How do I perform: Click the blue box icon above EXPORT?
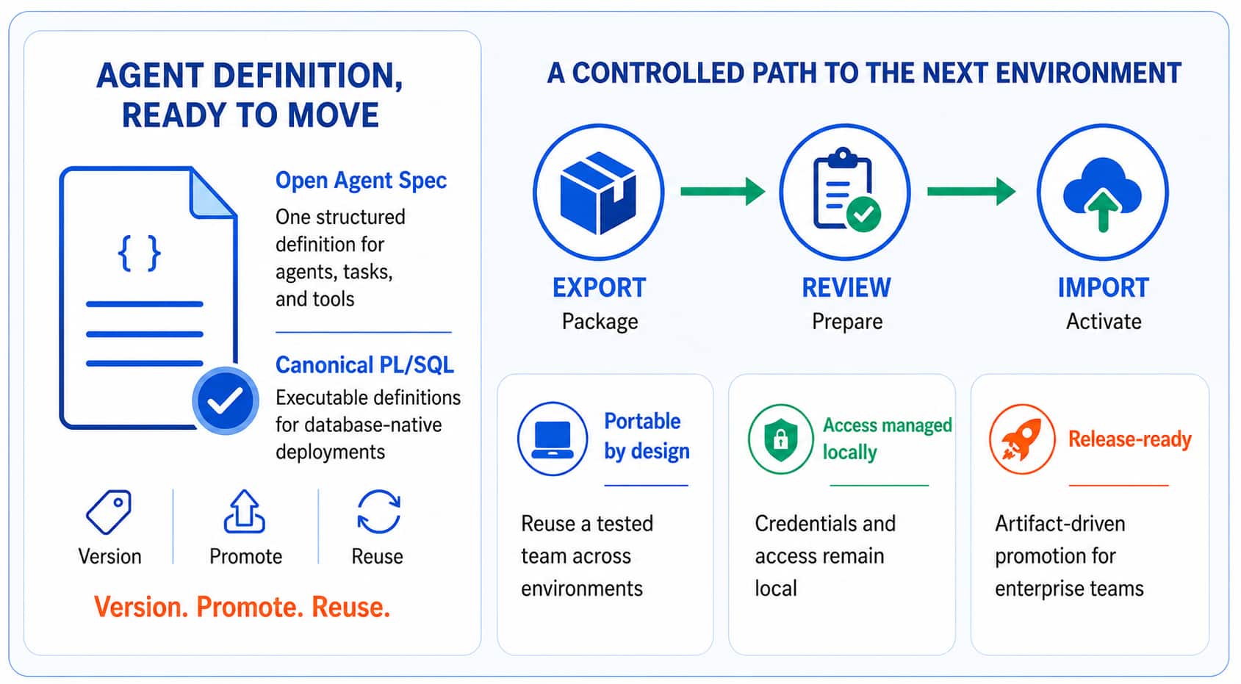[598, 192]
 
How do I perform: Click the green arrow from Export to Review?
[723, 192]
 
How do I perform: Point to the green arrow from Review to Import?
[971, 192]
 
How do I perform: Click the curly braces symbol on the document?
[139, 253]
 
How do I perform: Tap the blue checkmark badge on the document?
[225, 400]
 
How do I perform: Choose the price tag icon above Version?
[109, 512]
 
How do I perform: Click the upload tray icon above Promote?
[245, 511]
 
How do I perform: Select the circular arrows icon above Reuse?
[379, 511]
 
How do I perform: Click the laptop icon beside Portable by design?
[553, 439]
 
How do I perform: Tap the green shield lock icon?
[780, 439]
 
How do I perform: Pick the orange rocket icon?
[1022, 439]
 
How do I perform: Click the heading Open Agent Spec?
[361, 181]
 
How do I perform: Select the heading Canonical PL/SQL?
[364, 365]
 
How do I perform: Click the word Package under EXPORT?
[600, 322]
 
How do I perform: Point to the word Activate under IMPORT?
[1104, 322]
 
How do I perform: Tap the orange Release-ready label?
[1129, 439]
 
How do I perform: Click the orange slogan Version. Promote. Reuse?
[242, 607]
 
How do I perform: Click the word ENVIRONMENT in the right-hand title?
[1088, 73]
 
